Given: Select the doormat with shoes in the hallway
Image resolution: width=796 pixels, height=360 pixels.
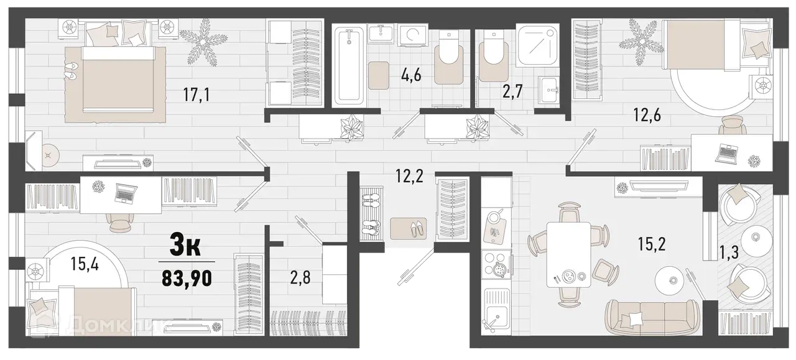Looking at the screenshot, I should (407, 227).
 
